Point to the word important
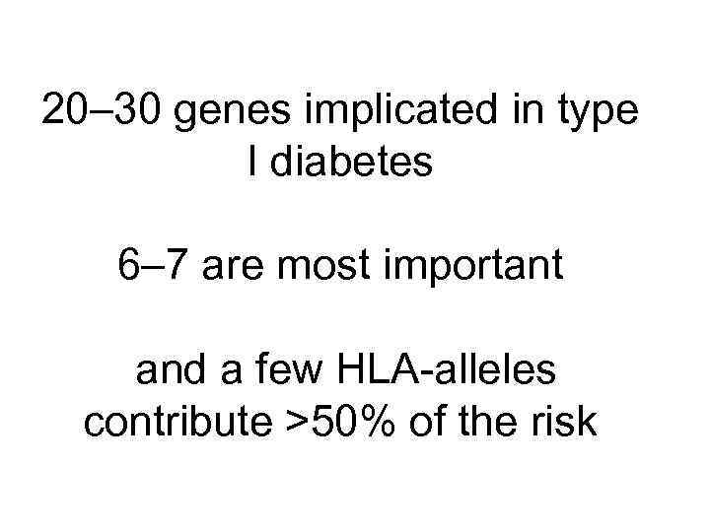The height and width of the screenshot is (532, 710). [x=479, y=269]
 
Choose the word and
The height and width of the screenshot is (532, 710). [x=169, y=371]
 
